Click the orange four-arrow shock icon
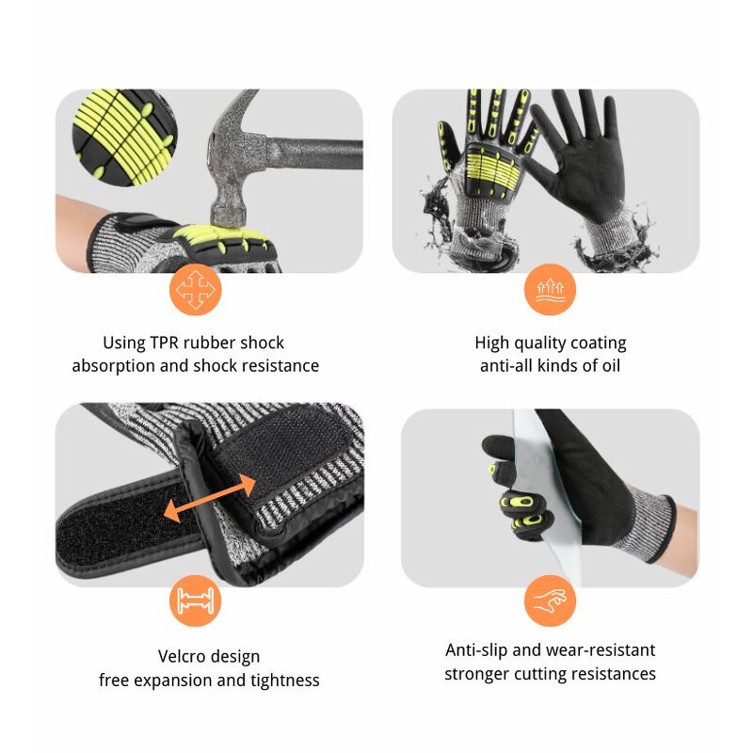click(x=196, y=290)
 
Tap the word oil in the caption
click(x=608, y=366)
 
